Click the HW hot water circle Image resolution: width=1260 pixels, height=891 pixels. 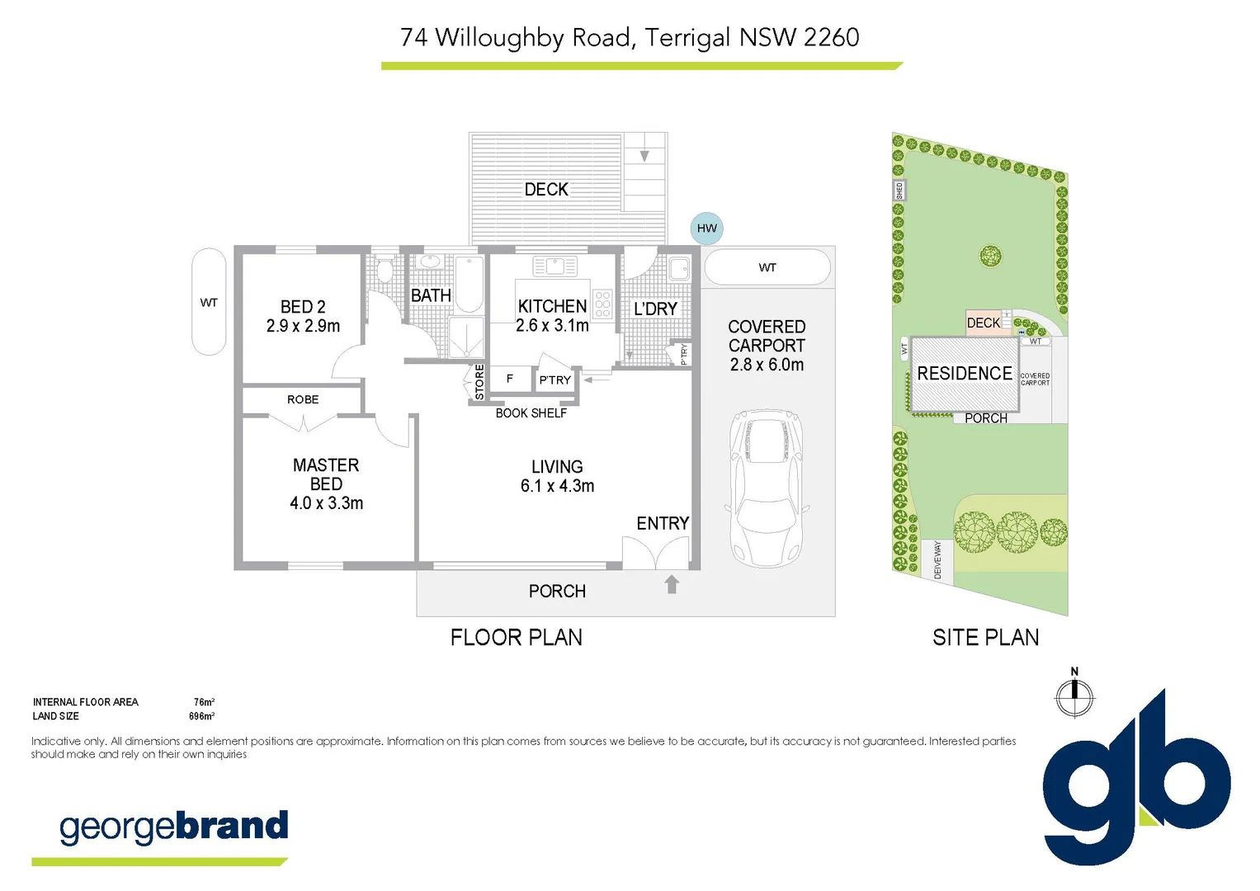click(706, 228)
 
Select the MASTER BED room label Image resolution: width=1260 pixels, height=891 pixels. click(326, 483)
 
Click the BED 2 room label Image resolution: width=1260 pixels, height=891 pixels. click(303, 316)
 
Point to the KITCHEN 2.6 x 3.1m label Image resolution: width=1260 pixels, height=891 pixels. click(552, 316)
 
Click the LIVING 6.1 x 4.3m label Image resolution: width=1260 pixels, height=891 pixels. click(557, 476)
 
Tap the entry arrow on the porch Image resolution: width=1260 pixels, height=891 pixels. click(672, 584)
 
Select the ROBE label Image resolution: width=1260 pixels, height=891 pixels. click(303, 399)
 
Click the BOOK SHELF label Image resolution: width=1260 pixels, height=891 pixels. click(531, 413)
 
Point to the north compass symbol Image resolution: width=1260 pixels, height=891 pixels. click(1074, 695)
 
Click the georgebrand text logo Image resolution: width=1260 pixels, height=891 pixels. click(173, 827)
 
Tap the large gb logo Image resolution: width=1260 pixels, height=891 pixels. click(1136, 780)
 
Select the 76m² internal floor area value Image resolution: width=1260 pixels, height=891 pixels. click(204, 702)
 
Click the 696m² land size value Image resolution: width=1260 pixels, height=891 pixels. click(201, 716)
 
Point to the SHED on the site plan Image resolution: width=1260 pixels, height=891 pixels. click(899, 191)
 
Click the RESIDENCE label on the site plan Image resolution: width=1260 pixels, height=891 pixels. click(964, 374)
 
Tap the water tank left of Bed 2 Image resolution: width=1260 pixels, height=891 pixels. click(209, 302)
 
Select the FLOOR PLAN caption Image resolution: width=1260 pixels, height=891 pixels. click(516, 637)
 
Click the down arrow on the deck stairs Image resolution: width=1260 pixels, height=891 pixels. click(644, 156)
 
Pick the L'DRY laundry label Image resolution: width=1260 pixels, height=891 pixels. click(655, 309)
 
